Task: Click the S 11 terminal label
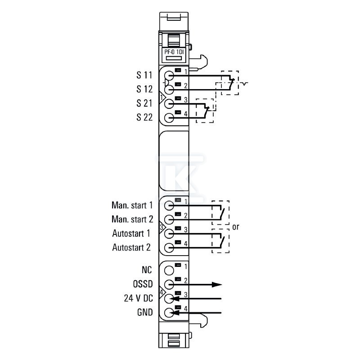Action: pos(144,75)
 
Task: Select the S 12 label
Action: pos(144,89)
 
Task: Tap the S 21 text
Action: pos(144,103)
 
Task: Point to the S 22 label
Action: pos(144,117)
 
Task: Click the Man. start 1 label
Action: pos(132,205)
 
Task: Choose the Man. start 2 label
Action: pos(132,219)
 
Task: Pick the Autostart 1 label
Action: pos(131,233)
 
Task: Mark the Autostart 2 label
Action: pos(131,247)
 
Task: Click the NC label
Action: pos(147,270)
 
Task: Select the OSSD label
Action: pos(143,284)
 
